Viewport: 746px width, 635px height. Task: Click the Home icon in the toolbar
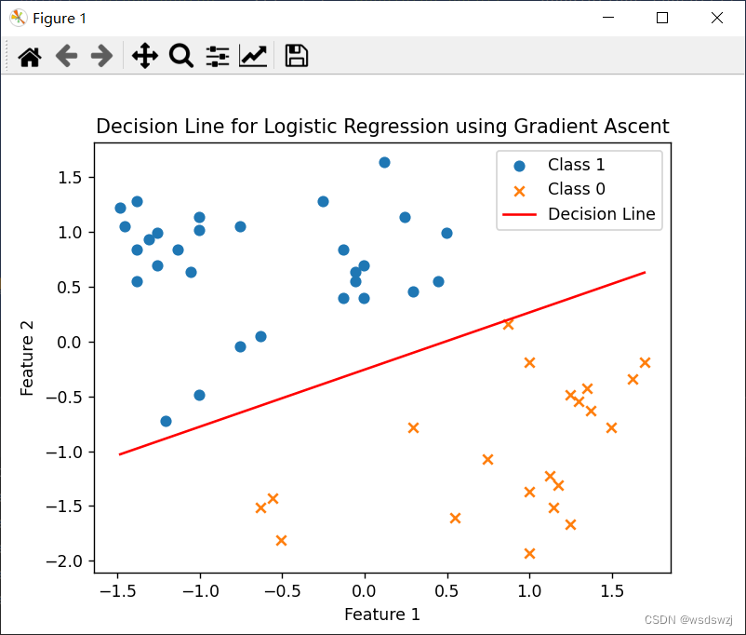(30, 57)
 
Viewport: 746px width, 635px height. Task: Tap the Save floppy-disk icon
(297, 56)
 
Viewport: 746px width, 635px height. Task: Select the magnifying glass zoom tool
(181, 56)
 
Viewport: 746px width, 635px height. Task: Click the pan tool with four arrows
(144, 56)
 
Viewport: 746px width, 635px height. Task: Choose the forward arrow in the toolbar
(101, 56)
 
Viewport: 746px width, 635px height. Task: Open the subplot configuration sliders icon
(218, 56)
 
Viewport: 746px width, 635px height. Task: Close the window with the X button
(717, 18)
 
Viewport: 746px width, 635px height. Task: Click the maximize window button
(662, 18)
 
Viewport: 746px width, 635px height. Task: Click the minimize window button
(608, 18)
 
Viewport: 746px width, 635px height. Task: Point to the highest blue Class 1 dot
(384, 162)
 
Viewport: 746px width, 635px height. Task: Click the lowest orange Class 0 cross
(529, 553)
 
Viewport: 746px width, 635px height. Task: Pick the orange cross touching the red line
(508, 324)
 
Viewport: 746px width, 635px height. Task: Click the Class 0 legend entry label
(576, 189)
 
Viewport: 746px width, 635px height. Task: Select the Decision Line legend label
(602, 214)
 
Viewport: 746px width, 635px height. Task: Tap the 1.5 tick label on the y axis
(70, 178)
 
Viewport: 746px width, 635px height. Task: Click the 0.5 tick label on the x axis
(446, 591)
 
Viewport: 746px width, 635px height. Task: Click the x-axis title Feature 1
(382, 614)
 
